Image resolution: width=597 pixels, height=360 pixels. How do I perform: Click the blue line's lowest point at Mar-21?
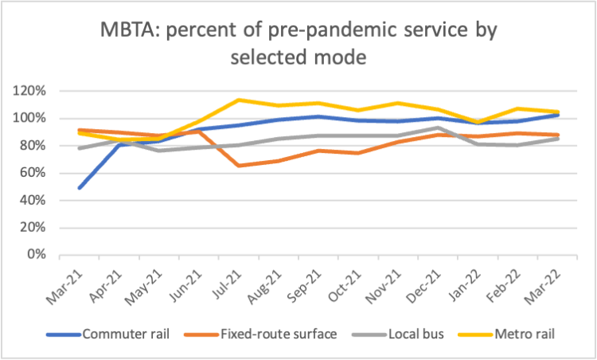click(x=80, y=188)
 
